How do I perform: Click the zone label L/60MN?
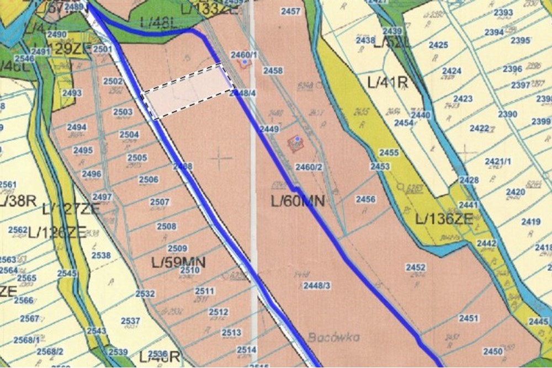click(298, 201)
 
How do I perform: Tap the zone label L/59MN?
click(178, 262)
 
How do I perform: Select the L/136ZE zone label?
click(444, 219)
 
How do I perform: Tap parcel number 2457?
click(290, 12)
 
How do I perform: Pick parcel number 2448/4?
click(242, 93)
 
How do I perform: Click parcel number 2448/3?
click(317, 285)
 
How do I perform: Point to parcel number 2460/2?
click(309, 167)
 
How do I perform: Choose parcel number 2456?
click(365, 199)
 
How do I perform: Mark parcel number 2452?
click(416, 268)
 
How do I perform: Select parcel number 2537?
click(130, 321)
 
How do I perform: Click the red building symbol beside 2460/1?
click(243, 63)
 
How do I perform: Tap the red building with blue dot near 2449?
click(296, 143)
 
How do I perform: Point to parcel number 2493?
click(72, 93)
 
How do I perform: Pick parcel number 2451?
click(468, 318)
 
